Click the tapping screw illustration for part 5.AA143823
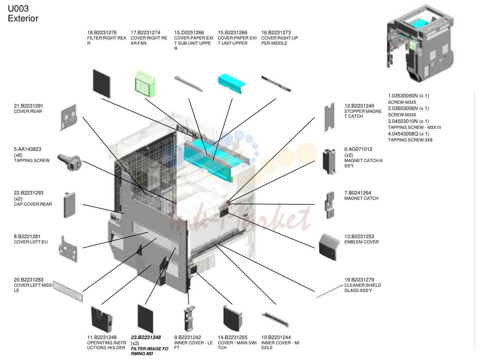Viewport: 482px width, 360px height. click(70, 162)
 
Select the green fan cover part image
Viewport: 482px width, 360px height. click(145, 84)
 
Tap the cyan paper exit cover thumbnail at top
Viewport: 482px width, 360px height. click(232, 83)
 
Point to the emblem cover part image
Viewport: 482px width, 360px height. click(329, 247)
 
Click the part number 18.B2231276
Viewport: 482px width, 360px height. click(102, 32)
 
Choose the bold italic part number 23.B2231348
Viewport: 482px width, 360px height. click(146, 337)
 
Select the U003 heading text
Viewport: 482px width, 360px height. click(18, 9)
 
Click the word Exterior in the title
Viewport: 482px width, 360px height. click(23, 19)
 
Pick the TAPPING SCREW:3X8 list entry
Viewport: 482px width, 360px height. click(410, 140)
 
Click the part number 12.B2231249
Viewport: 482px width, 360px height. click(359, 106)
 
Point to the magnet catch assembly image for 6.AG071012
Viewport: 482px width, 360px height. click(329, 162)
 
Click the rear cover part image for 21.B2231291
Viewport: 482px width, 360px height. click(69, 117)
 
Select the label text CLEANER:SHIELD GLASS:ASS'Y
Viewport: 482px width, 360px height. click(363, 288)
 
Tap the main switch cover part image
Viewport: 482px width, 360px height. click(233, 318)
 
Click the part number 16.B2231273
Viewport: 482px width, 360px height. click(276, 32)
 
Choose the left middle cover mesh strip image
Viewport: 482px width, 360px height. click(68, 291)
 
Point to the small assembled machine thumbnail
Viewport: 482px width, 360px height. click(420, 43)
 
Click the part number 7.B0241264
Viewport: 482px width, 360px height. click(358, 193)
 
